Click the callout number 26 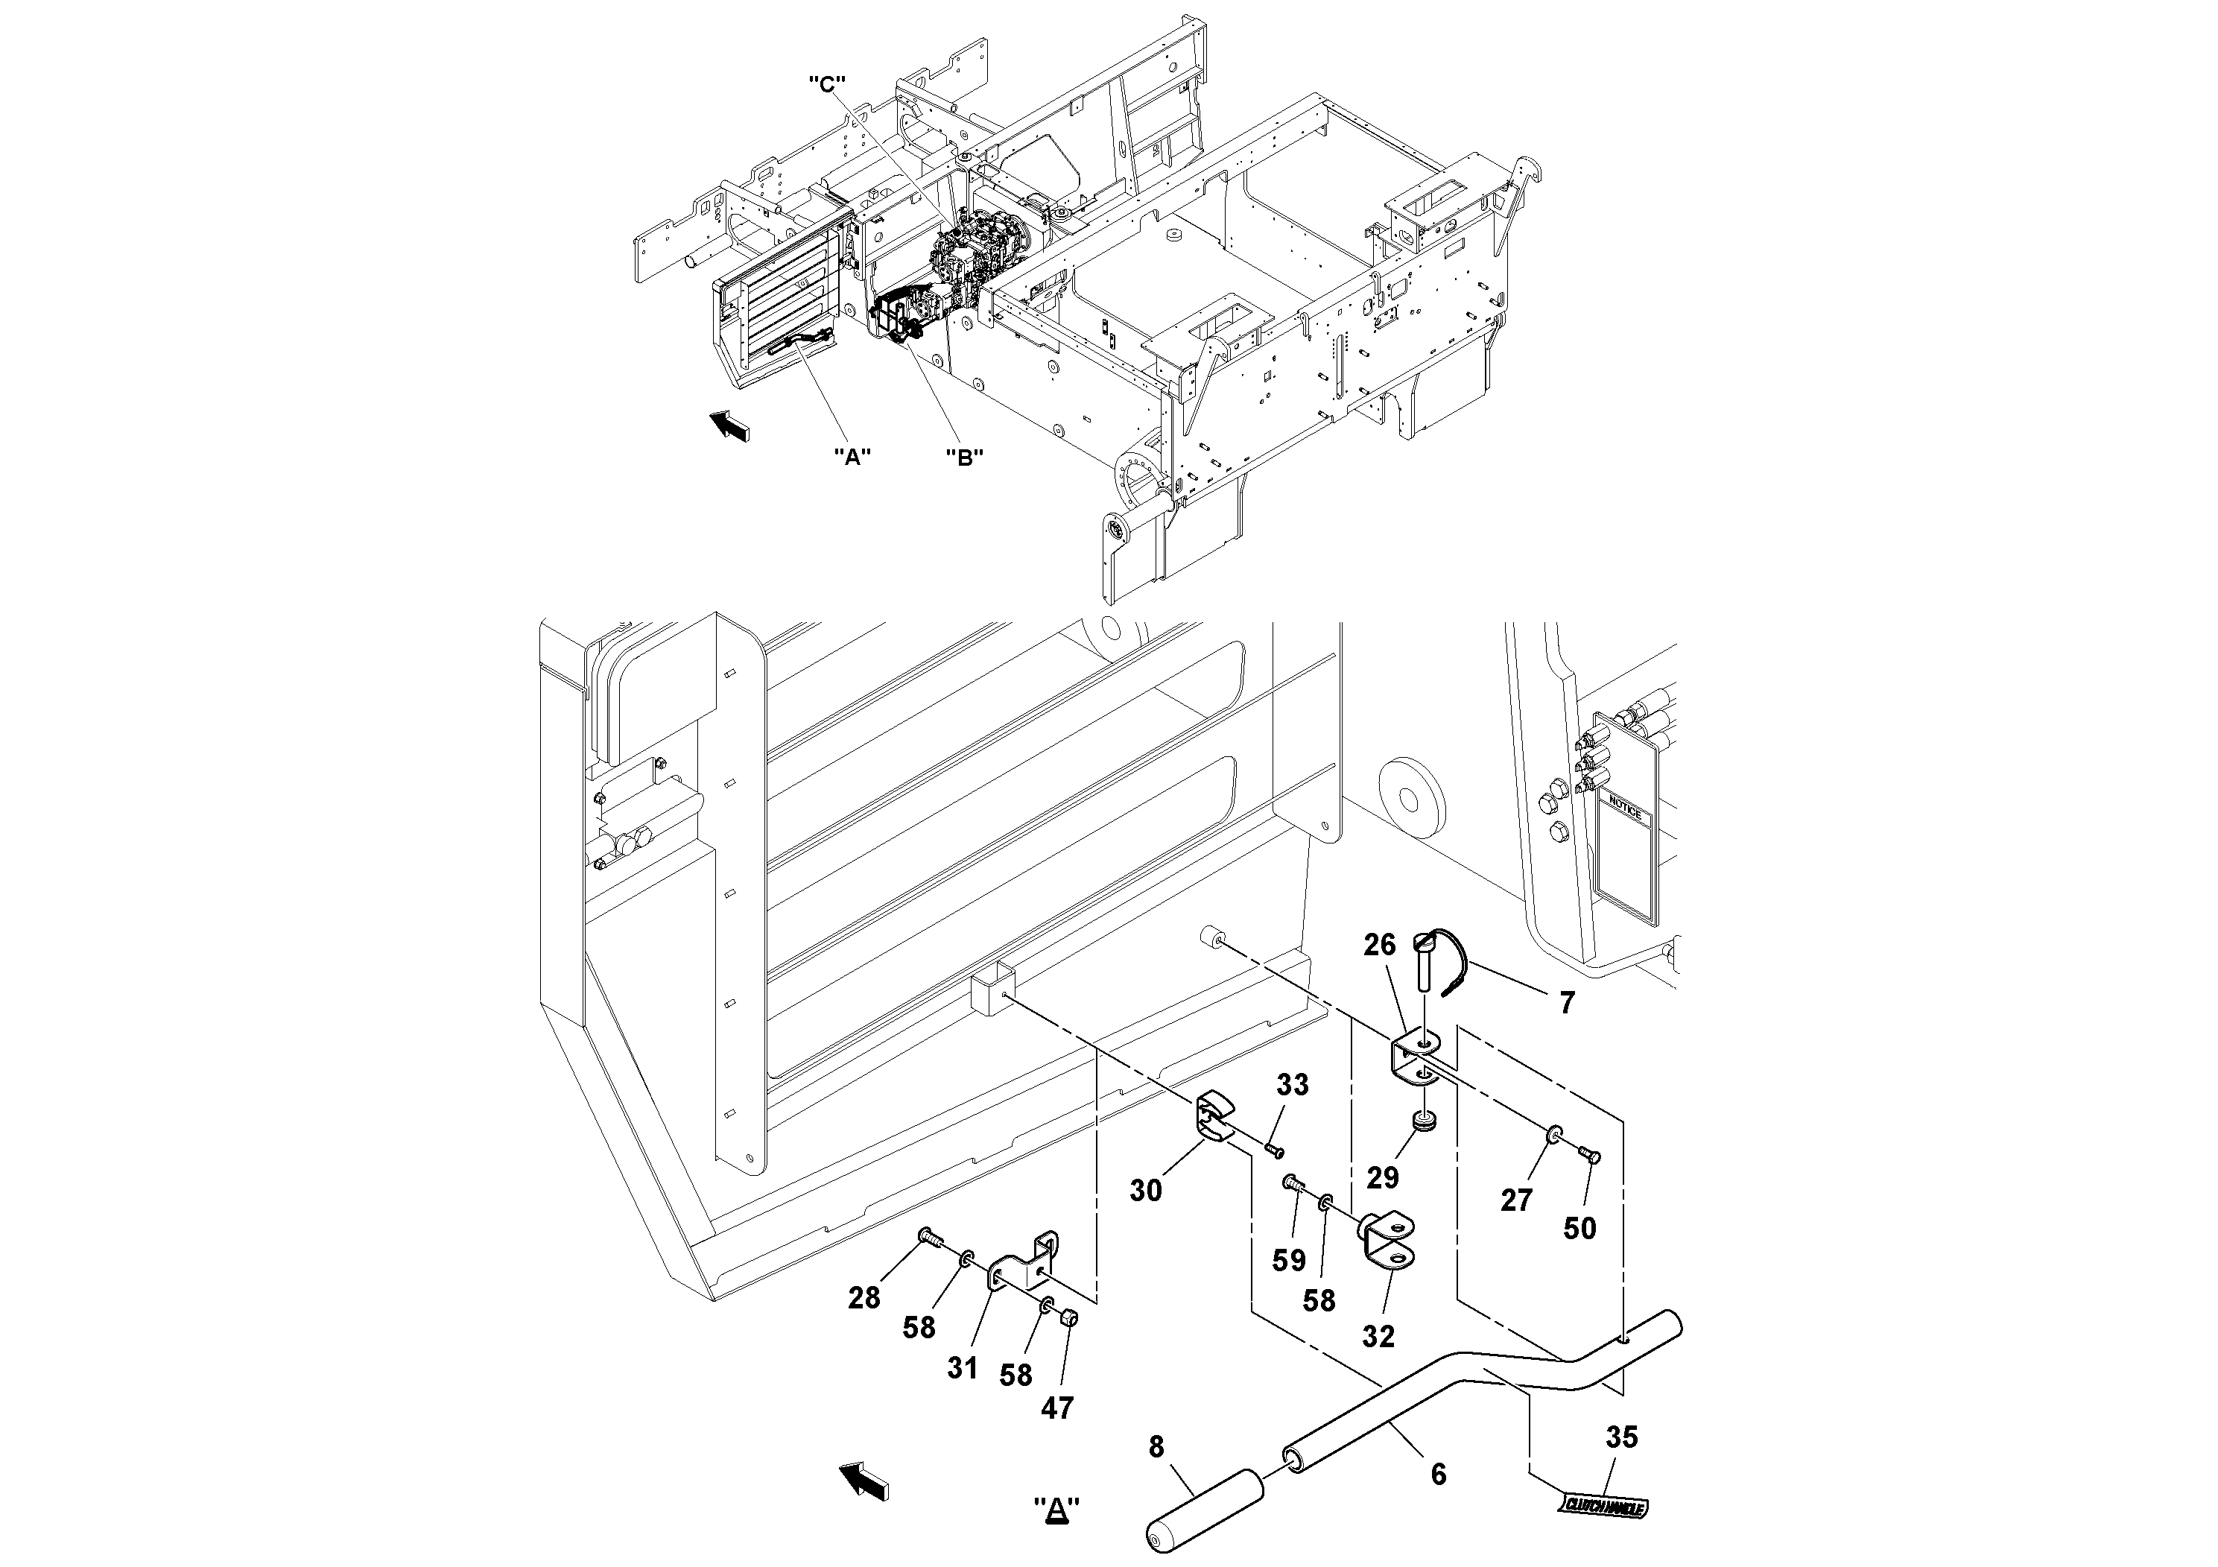[1381, 945]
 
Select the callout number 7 [1567, 1003]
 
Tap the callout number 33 [1293, 1085]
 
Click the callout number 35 [1622, 1437]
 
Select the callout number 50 [1579, 1228]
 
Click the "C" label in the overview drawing [827, 84]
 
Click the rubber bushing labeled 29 [1423, 1121]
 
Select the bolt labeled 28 [929, 1235]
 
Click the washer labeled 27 [1554, 1133]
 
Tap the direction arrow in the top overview [729, 425]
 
